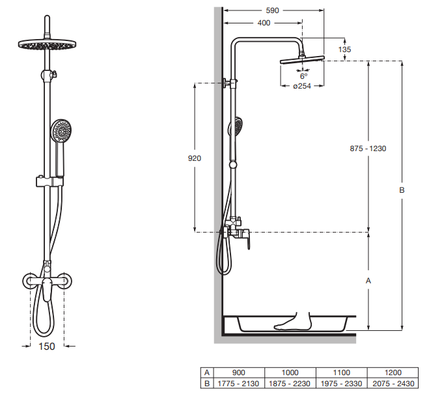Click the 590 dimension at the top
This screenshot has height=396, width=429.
272,10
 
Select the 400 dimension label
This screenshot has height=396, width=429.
264,23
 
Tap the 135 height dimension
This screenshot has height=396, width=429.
344,49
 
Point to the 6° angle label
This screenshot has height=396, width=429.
304,76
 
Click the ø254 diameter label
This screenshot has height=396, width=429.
302,86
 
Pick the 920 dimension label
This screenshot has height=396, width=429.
195,158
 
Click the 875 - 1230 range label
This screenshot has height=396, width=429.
368,148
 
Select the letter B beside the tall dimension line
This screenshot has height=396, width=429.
402,190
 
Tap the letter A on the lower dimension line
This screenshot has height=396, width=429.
368,281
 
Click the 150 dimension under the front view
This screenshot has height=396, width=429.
47,346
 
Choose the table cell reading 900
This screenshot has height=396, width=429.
239,373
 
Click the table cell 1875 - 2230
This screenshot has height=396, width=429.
290,384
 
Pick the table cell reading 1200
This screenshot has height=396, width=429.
393,373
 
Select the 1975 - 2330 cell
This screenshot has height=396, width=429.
342,384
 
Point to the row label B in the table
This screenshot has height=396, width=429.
207,384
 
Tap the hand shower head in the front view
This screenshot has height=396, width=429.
61,130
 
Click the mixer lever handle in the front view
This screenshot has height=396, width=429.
46,290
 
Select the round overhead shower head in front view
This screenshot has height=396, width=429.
47,44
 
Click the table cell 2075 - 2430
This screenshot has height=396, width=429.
393,384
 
